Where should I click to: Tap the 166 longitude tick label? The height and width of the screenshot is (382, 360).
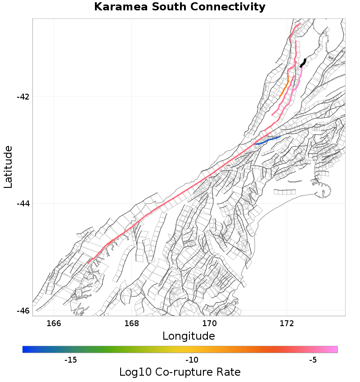[x=54, y=323]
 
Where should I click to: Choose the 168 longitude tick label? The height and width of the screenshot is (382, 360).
[x=131, y=323]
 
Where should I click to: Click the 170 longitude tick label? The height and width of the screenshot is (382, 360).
[x=209, y=323]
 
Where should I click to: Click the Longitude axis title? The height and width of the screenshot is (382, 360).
[x=189, y=336]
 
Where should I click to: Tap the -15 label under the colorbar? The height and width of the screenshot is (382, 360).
[x=71, y=360]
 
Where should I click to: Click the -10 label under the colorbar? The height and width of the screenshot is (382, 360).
[x=192, y=360]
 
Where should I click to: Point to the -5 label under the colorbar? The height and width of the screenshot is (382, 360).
[x=313, y=360]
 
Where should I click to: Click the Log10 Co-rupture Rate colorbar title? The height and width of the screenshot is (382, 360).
[x=180, y=372]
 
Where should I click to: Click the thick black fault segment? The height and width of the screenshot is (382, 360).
[x=303, y=63]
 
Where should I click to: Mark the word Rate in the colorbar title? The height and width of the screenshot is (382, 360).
[x=228, y=372]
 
